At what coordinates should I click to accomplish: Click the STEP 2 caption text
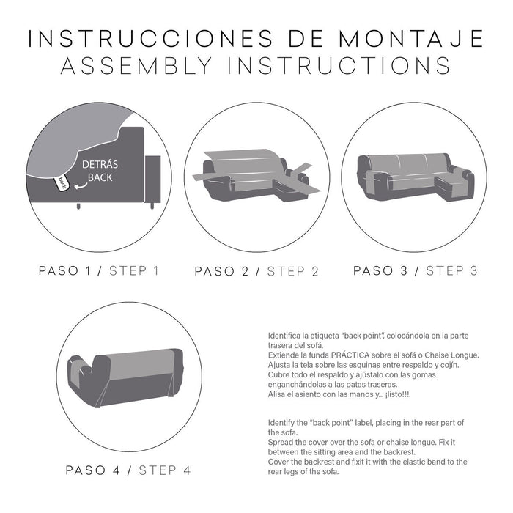[292, 271]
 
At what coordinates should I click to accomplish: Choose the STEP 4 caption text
[165, 470]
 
